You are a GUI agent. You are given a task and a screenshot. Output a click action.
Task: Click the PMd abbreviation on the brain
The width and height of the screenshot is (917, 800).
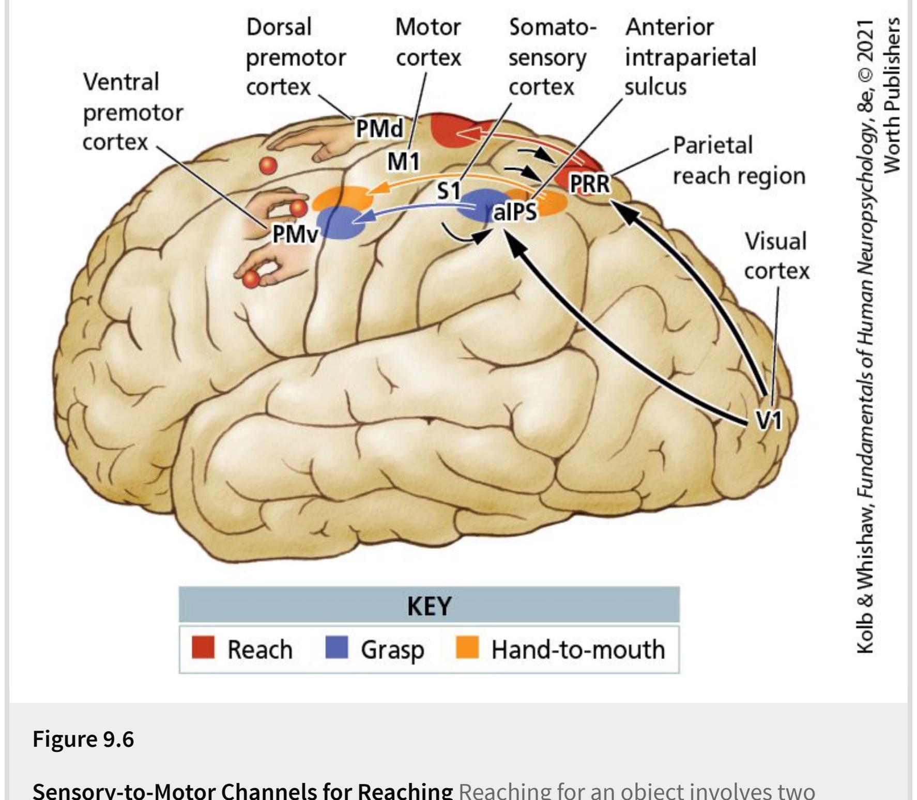tap(379, 129)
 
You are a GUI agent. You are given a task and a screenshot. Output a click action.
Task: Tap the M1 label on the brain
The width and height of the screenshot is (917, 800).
tap(404, 162)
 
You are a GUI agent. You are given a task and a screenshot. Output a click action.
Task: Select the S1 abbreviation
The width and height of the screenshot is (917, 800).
tap(449, 192)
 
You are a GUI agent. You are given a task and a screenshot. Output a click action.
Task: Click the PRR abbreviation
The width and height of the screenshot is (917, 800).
tap(589, 183)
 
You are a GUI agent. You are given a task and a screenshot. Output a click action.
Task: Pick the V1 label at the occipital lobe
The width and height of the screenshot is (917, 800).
tap(770, 420)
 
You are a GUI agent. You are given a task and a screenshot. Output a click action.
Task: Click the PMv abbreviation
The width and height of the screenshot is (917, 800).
tap(296, 235)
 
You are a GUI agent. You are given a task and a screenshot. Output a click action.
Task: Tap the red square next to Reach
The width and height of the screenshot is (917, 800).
tap(203, 648)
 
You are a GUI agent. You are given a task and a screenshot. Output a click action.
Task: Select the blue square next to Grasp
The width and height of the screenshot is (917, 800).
tap(337, 648)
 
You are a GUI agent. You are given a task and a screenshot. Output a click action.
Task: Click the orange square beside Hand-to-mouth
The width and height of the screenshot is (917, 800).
tap(467, 648)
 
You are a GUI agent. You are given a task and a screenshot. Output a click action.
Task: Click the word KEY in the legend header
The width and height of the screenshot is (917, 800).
tap(429, 606)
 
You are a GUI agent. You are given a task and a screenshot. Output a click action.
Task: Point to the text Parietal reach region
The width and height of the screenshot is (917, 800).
tap(738, 160)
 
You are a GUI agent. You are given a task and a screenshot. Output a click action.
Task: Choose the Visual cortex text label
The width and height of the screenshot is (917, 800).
tap(776, 256)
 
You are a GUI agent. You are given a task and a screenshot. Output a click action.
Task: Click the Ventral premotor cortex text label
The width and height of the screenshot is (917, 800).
tap(133, 112)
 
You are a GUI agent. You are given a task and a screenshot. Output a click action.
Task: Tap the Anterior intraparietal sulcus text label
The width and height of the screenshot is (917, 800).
tap(690, 57)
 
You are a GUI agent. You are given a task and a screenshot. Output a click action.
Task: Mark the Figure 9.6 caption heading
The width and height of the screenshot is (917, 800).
tap(83, 739)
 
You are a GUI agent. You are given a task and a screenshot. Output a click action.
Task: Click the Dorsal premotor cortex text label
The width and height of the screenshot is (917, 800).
tap(295, 57)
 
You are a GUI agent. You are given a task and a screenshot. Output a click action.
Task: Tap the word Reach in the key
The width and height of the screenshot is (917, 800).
tap(259, 649)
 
